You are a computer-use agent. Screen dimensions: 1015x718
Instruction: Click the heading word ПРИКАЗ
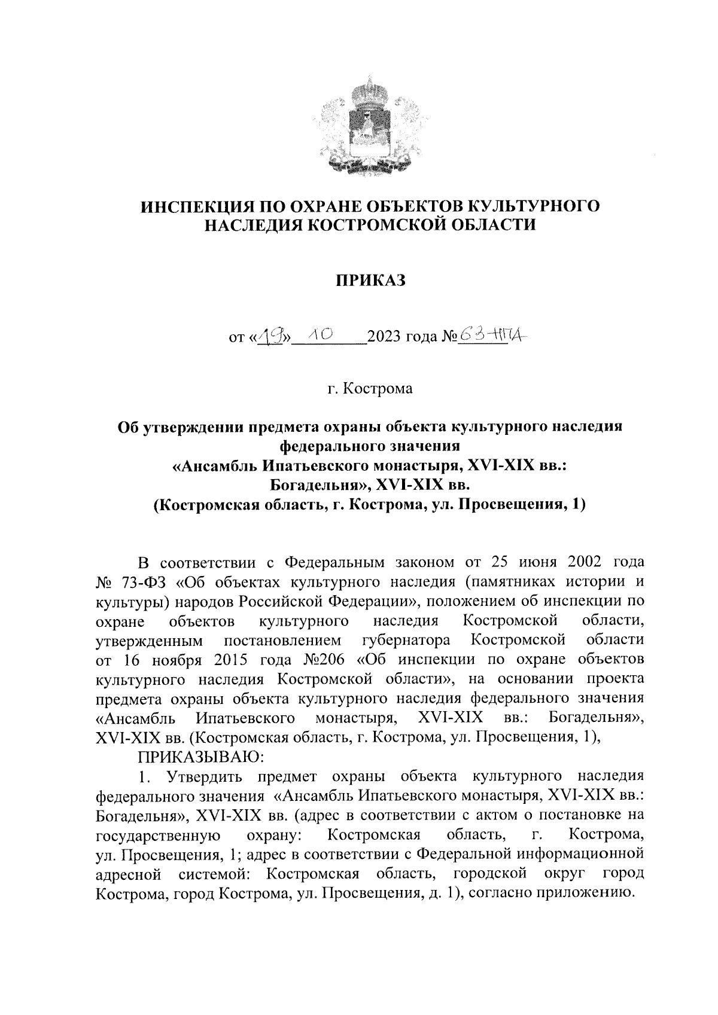pyautogui.click(x=370, y=280)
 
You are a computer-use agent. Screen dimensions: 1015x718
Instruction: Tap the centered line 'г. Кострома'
pyautogui.click(x=370, y=389)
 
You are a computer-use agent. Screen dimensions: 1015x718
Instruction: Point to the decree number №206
pyautogui.click(x=324, y=660)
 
